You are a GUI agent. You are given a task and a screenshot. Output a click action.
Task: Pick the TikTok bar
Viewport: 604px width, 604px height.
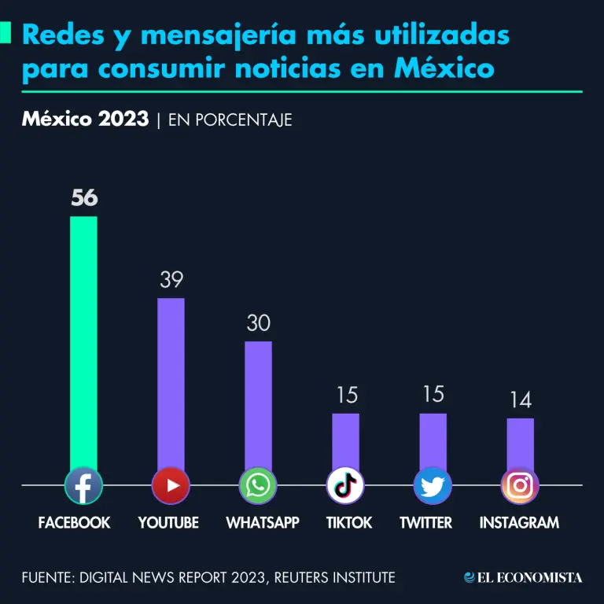point(345,440)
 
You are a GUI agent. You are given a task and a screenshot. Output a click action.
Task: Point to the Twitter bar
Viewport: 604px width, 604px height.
point(433,440)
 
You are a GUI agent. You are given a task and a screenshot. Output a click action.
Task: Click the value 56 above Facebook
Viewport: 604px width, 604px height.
point(84,198)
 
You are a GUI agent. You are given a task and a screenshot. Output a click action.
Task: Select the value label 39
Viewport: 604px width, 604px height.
point(171,280)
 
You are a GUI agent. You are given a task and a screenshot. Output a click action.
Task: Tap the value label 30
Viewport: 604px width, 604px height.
point(258,323)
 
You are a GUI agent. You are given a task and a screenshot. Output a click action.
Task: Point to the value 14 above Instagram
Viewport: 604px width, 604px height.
point(520,400)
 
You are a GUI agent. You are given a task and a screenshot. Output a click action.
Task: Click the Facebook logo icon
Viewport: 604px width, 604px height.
point(83,486)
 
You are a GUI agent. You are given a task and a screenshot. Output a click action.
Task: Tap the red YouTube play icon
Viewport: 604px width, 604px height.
point(171,486)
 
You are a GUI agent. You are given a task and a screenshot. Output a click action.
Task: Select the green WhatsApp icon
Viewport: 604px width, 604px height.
point(258,486)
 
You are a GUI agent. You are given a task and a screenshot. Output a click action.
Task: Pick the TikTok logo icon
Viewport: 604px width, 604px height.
point(345,486)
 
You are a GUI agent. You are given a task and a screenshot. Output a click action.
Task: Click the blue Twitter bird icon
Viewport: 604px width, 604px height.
point(433,486)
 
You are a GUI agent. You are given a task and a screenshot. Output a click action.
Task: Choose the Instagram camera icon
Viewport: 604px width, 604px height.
point(520,486)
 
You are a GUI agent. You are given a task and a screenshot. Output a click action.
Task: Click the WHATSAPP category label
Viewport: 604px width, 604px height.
point(263,523)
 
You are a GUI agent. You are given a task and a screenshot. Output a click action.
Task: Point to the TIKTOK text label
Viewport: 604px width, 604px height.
point(349,523)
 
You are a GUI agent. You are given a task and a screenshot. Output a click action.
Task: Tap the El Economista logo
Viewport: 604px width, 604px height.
point(523,578)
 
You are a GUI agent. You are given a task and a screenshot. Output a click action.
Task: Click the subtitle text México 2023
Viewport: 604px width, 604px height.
point(85,120)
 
